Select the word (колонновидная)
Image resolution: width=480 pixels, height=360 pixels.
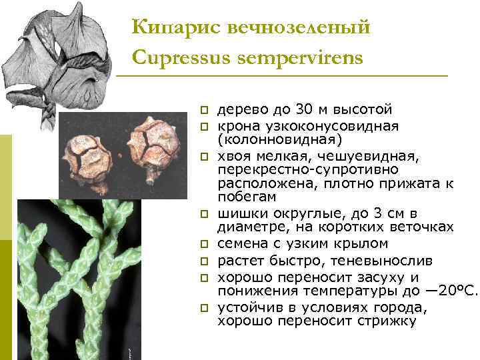click(280, 139)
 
